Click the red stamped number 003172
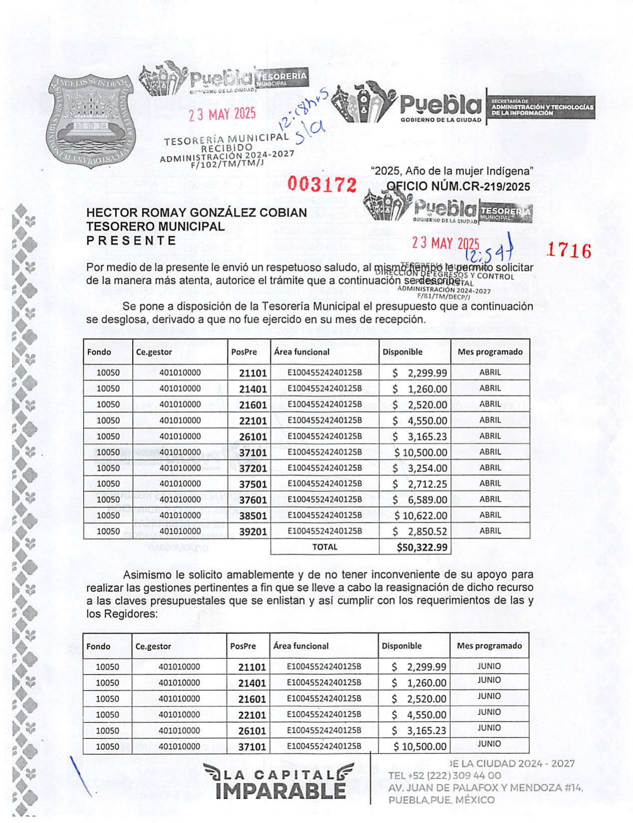coord(322,185)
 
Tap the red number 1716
coord(569,250)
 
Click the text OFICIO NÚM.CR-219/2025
coord(458,186)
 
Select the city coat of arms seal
coord(90,121)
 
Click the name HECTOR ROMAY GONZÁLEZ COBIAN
coord(197,212)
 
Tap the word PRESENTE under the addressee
coord(131,241)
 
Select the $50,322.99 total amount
coord(422,547)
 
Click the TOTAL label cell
coord(325,547)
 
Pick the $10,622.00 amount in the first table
coord(421,515)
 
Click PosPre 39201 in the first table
coord(253,532)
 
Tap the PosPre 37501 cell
coord(253,484)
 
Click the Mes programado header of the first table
coord(490,352)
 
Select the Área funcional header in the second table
coord(301,646)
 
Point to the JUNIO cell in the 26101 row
coord(489,728)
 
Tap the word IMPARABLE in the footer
coord(280,791)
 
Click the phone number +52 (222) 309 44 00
coord(444,776)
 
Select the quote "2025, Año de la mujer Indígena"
coord(452,171)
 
